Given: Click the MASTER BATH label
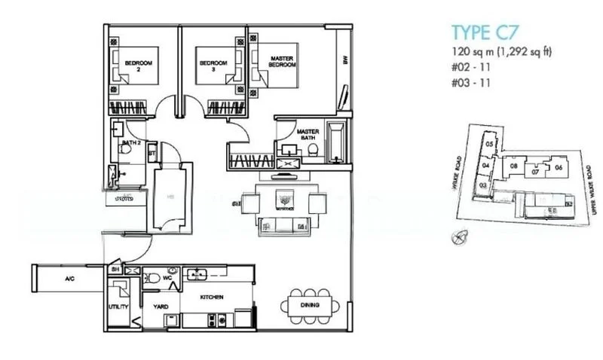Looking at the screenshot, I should tap(308, 133).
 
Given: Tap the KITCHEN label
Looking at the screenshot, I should tap(211, 297).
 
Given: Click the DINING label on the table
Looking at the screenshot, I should tap(309, 305).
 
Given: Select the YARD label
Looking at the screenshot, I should tap(161, 307).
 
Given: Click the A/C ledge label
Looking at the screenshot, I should tap(69, 279).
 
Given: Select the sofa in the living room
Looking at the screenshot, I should tap(283, 224).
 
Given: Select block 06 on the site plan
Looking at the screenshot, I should tap(558, 167).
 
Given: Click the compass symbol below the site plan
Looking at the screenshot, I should tap(458, 239).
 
